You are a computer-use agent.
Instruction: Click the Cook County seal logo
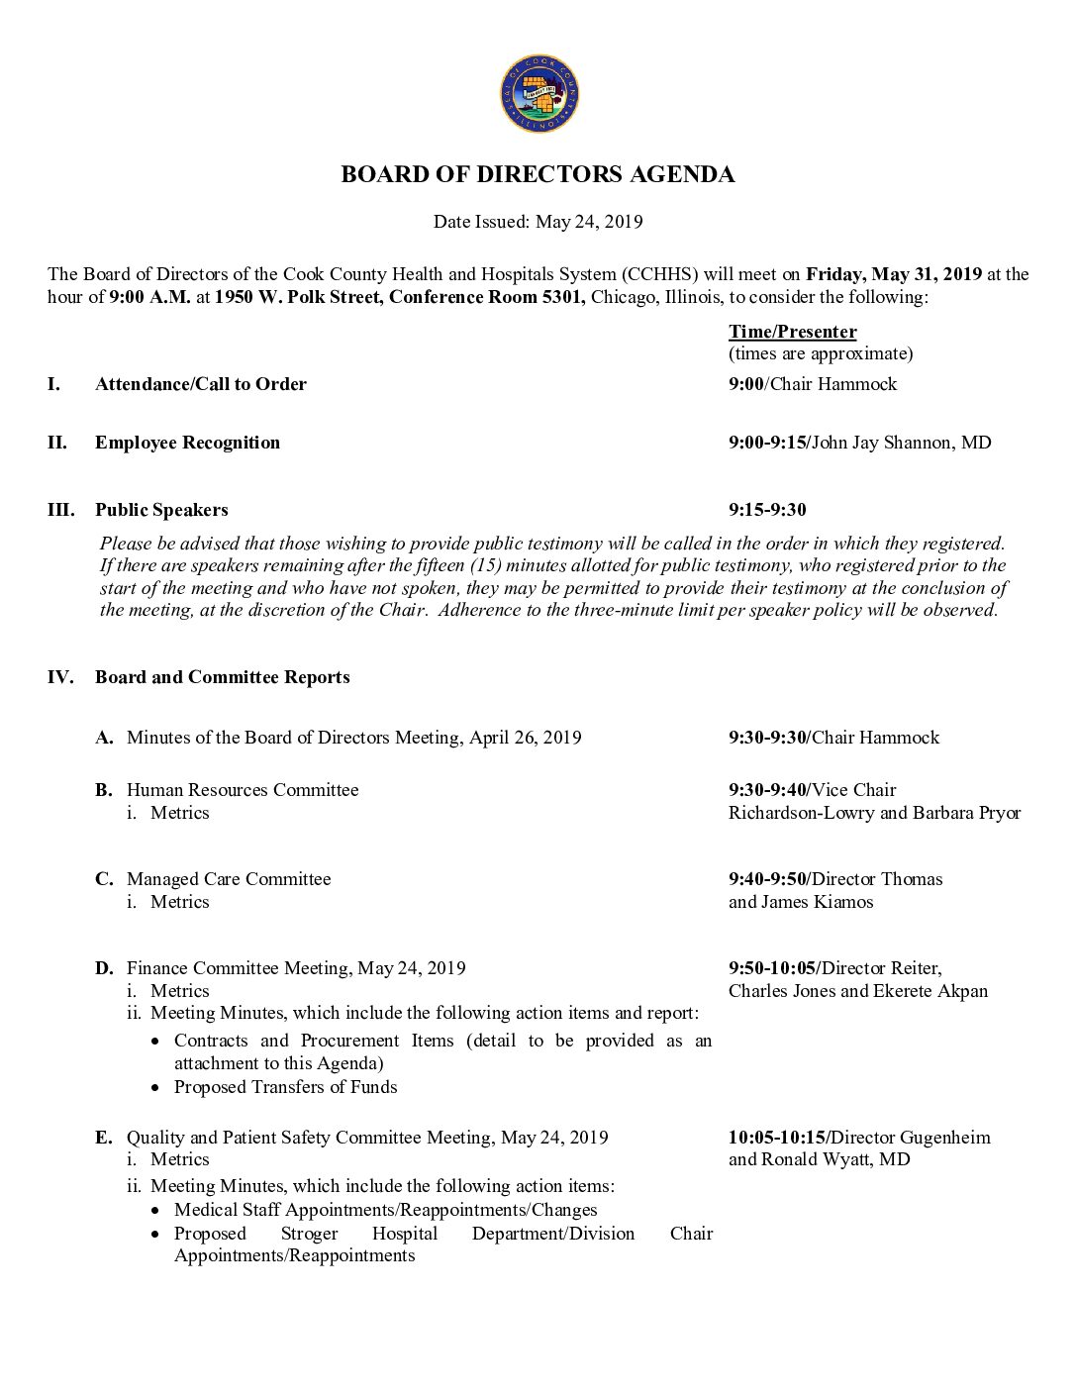pos(538,95)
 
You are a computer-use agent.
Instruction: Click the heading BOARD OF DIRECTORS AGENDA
pos(538,175)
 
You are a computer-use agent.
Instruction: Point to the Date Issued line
pos(538,222)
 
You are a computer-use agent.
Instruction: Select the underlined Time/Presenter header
pos(792,332)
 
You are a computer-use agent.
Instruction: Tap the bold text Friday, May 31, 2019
pos(893,274)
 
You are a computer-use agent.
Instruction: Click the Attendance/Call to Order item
pos(200,384)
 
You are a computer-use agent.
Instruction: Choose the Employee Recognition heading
pos(187,443)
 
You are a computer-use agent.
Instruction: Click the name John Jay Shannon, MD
pos(901,443)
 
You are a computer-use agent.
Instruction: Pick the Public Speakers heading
pos(161,510)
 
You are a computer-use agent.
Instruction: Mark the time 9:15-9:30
pos(767,510)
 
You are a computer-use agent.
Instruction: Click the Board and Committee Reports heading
pos(222,677)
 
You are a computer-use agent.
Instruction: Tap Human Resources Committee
pos(243,790)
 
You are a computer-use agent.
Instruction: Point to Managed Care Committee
pos(229,879)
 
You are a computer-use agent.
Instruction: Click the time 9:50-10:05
pos(773,968)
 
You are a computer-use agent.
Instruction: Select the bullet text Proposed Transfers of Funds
pos(285,1087)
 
